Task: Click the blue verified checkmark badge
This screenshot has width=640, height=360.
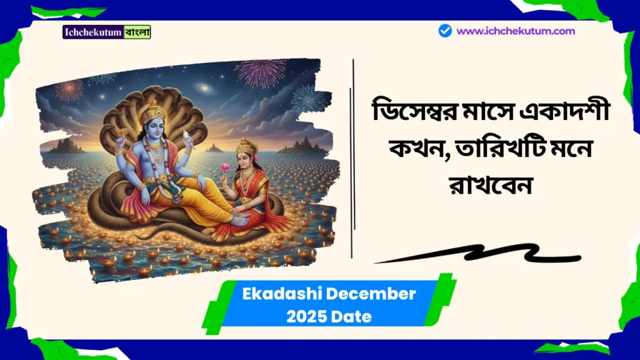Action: [x=445, y=31]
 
